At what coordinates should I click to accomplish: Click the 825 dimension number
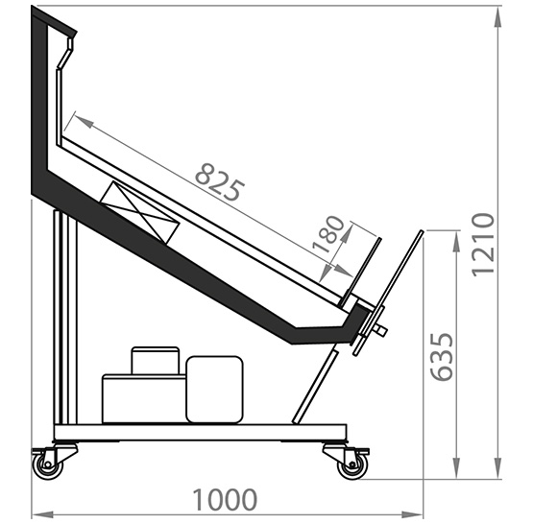point(220,182)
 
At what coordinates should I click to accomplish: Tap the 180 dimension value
point(328,234)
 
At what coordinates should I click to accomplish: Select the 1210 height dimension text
point(483,245)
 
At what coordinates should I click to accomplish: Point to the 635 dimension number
point(442,357)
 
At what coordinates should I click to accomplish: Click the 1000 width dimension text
point(225,500)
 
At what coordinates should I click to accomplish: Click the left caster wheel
point(48,465)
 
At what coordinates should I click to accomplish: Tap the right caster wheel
point(352,465)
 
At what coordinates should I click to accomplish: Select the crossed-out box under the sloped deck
point(139,213)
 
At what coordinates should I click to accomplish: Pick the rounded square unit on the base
point(214,390)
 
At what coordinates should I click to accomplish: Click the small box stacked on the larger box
point(155,360)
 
